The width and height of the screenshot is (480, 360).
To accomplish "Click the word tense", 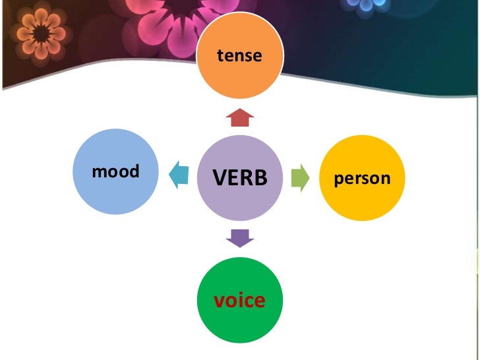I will (x=240, y=56).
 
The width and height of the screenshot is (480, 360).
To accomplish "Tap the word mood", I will (x=116, y=172).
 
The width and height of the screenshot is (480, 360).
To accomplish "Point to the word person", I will (x=363, y=178).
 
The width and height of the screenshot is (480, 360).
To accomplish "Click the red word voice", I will (x=239, y=301).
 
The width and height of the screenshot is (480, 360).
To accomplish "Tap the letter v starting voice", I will (x=218, y=301).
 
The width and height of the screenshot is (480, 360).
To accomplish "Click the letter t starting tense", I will (x=221, y=56).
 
